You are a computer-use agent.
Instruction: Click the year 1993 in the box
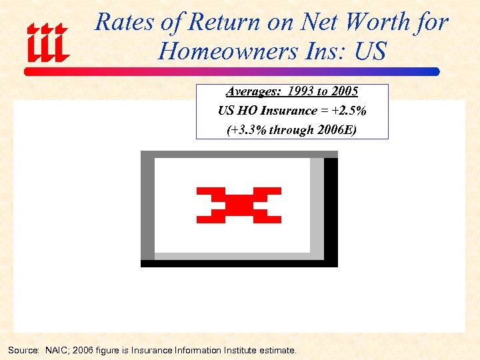point(302,91)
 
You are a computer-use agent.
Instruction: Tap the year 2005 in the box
point(345,91)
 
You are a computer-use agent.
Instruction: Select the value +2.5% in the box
point(349,111)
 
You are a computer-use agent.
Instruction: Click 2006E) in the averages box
point(335,130)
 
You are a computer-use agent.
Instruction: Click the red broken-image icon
point(239,205)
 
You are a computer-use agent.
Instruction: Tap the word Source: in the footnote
point(23,350)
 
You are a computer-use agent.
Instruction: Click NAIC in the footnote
point(57,350)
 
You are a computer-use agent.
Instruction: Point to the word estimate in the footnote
point(277,350)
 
